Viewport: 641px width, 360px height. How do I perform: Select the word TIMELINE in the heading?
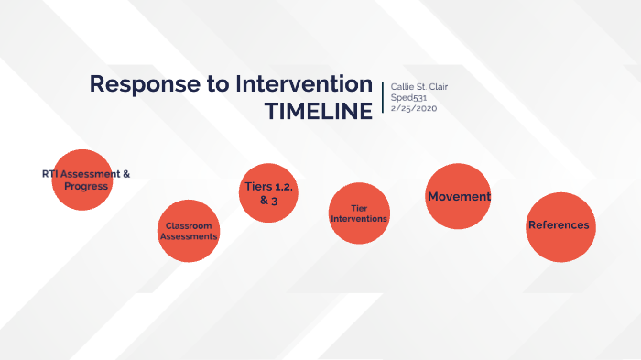pyautogui.click(x=318, y=111)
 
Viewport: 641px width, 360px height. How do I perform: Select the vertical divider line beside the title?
pyautogui.click(x=382, y=97)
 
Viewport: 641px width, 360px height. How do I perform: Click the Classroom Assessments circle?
pyautogui.click(x=189, y=231)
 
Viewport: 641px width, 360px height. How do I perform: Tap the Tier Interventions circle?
pyautogui.click(x=358, y=213)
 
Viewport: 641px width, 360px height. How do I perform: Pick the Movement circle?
pyautogui.click(x=458, y=196)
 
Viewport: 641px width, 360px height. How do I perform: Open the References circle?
pyautogui.click(x=559, y=225)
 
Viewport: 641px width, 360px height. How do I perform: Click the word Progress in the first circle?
pyautogui.click(x=81, y=186)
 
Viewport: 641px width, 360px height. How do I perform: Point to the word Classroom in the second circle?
pyautogui.click(x=189, y=225)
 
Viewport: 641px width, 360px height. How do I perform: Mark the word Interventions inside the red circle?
pyautogui.click(x=358, y=219)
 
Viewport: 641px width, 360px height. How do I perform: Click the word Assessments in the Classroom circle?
pyautogui.click(x=189, y=236)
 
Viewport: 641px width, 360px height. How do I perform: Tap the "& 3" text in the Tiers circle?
pyautogui.click(x=268, y=201)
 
